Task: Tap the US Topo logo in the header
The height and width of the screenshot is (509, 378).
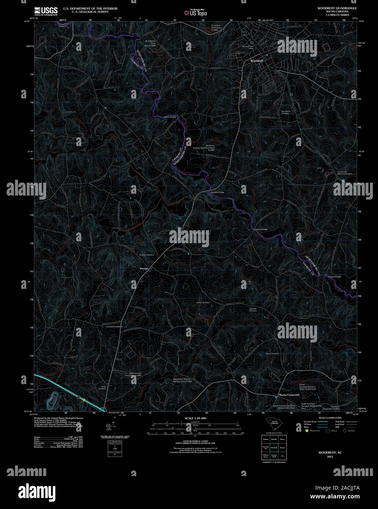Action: point(196,13)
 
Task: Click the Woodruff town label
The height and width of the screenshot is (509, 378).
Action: point(257,60)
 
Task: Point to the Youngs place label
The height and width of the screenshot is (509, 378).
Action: point(144,268)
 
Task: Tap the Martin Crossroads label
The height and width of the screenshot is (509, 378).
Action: point(289,395)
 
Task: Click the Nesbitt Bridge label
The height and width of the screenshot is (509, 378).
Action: point(217,192)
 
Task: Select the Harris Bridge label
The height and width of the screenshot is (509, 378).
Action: point(261,229)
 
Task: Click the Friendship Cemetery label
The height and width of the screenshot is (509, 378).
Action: point(114,326)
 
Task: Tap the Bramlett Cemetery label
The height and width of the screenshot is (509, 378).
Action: point(253,309)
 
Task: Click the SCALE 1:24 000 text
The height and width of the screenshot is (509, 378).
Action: point(195,418)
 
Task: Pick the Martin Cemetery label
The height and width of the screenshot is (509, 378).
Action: point(272,354)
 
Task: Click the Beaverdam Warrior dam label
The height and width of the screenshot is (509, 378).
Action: point(183,380)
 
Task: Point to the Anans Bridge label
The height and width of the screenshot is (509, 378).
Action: point(170,117)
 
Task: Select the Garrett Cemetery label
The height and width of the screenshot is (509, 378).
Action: point(203,302)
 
